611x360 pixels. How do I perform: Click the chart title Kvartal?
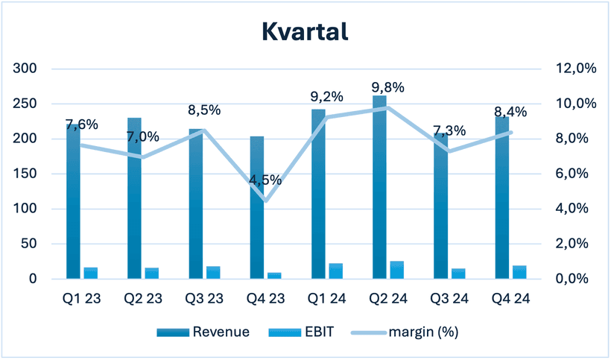(x=305, y=31)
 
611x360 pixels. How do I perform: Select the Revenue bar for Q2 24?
(x=379, y=187)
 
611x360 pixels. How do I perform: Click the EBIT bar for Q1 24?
(x=336, y=271)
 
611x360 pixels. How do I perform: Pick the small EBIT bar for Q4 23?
(x=275, y=276)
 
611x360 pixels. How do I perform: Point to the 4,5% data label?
(x=265, y=180)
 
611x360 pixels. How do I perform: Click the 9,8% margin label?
(x=388, y=87)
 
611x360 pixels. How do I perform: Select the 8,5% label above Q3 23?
(x=204, y=110)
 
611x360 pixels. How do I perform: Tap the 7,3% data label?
(x=449, y=131)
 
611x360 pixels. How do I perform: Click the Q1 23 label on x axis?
(x=82, y=299)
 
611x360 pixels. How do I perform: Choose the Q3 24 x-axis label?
(x=449, y=299)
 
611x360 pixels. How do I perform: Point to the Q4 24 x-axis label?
(x=510, y=299)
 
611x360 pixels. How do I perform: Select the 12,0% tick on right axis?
(x=576, y=69)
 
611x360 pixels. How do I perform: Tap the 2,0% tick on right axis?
(x=576, y=244)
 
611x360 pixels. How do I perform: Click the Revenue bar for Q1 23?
(x=73, y=201)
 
